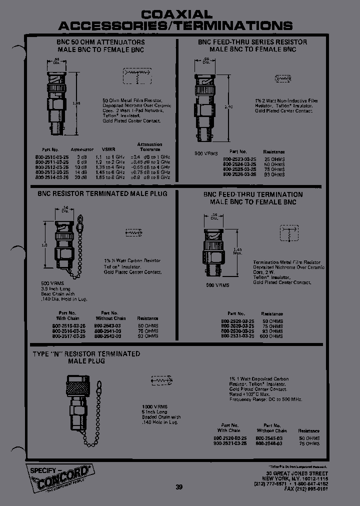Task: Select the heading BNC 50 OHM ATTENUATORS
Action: click(x=100, y=42)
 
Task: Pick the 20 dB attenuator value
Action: click(x=81, y=177)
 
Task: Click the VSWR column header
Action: click(x=108, y=149)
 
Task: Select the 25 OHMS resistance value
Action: click(x=274, y=158)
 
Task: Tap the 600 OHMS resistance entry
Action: click(x=272, y=336)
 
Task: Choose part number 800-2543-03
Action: click(x=110, y=325)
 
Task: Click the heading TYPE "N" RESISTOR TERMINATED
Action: click(x=86, y=353)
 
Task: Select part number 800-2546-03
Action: click(x=269, y=443)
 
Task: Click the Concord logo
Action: click(x=58, y=475)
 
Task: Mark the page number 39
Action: click(x=179, y=487)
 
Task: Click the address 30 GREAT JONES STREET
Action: click(x=297, y=473)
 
